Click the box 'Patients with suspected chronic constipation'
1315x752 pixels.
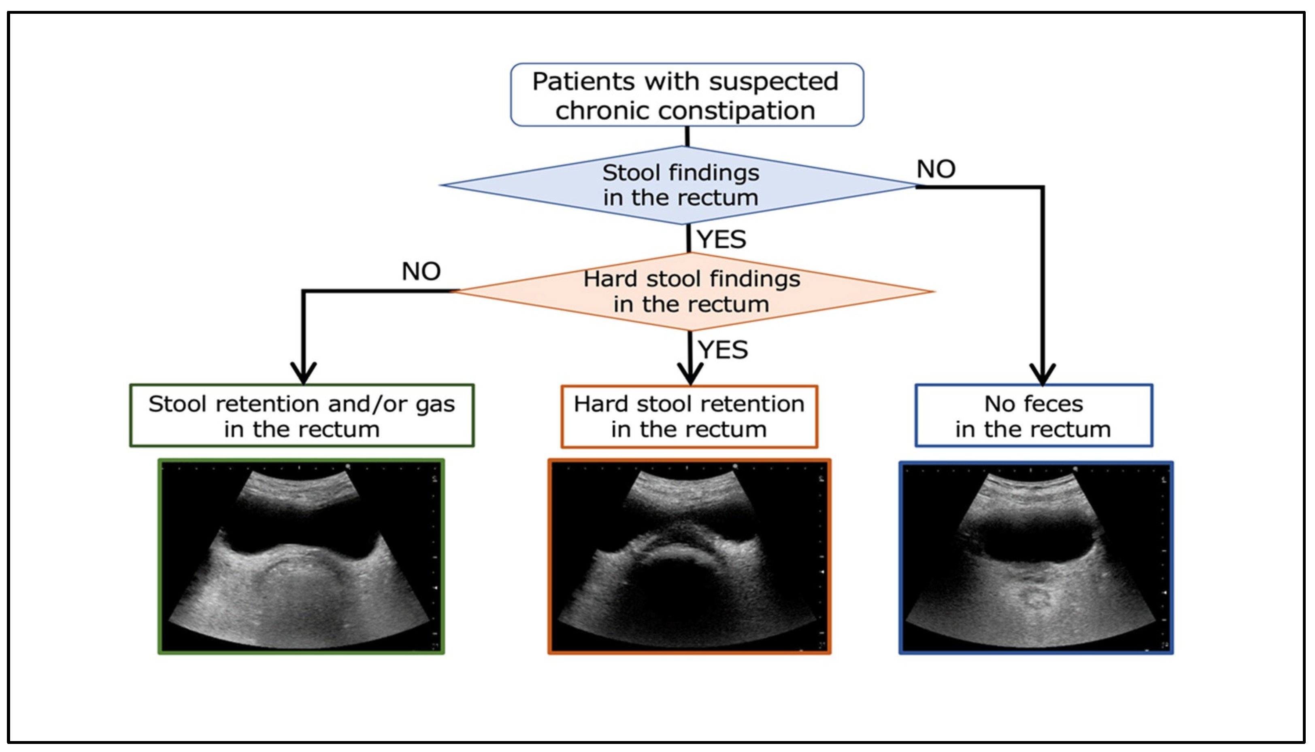pos(686,95)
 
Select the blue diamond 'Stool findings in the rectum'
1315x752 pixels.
pos(680,185)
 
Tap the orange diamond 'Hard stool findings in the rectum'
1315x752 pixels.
pos(692,291)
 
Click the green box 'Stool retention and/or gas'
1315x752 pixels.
pos(302,416)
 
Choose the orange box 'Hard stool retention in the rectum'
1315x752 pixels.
pos(689,416)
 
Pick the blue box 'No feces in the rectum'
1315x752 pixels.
pos(1034,416)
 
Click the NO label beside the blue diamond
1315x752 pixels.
pos(936,169)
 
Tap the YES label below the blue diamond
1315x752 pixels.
pos(721,239)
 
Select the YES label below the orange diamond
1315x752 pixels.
pos(723,350)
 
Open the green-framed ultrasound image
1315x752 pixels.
pos(301,557)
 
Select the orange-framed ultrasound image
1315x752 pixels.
pos(689,557)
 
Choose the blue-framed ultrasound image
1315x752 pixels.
pos(1036,558)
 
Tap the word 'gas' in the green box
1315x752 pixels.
pos(435,404)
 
